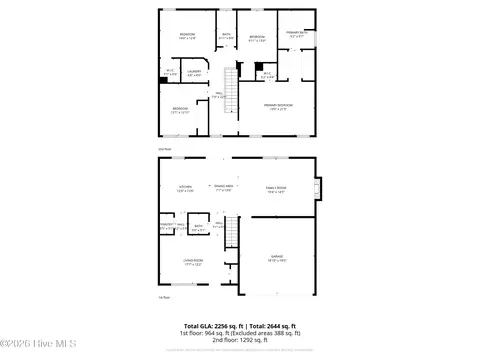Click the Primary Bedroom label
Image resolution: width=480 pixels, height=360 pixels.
coord(277,105)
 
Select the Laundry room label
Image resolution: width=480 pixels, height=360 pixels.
coord(194,72)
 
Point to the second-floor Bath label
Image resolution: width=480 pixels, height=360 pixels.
coord(226,36)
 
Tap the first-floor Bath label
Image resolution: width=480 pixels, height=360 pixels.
coord(198,227)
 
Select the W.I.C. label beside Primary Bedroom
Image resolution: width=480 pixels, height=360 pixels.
coord(267,73)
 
